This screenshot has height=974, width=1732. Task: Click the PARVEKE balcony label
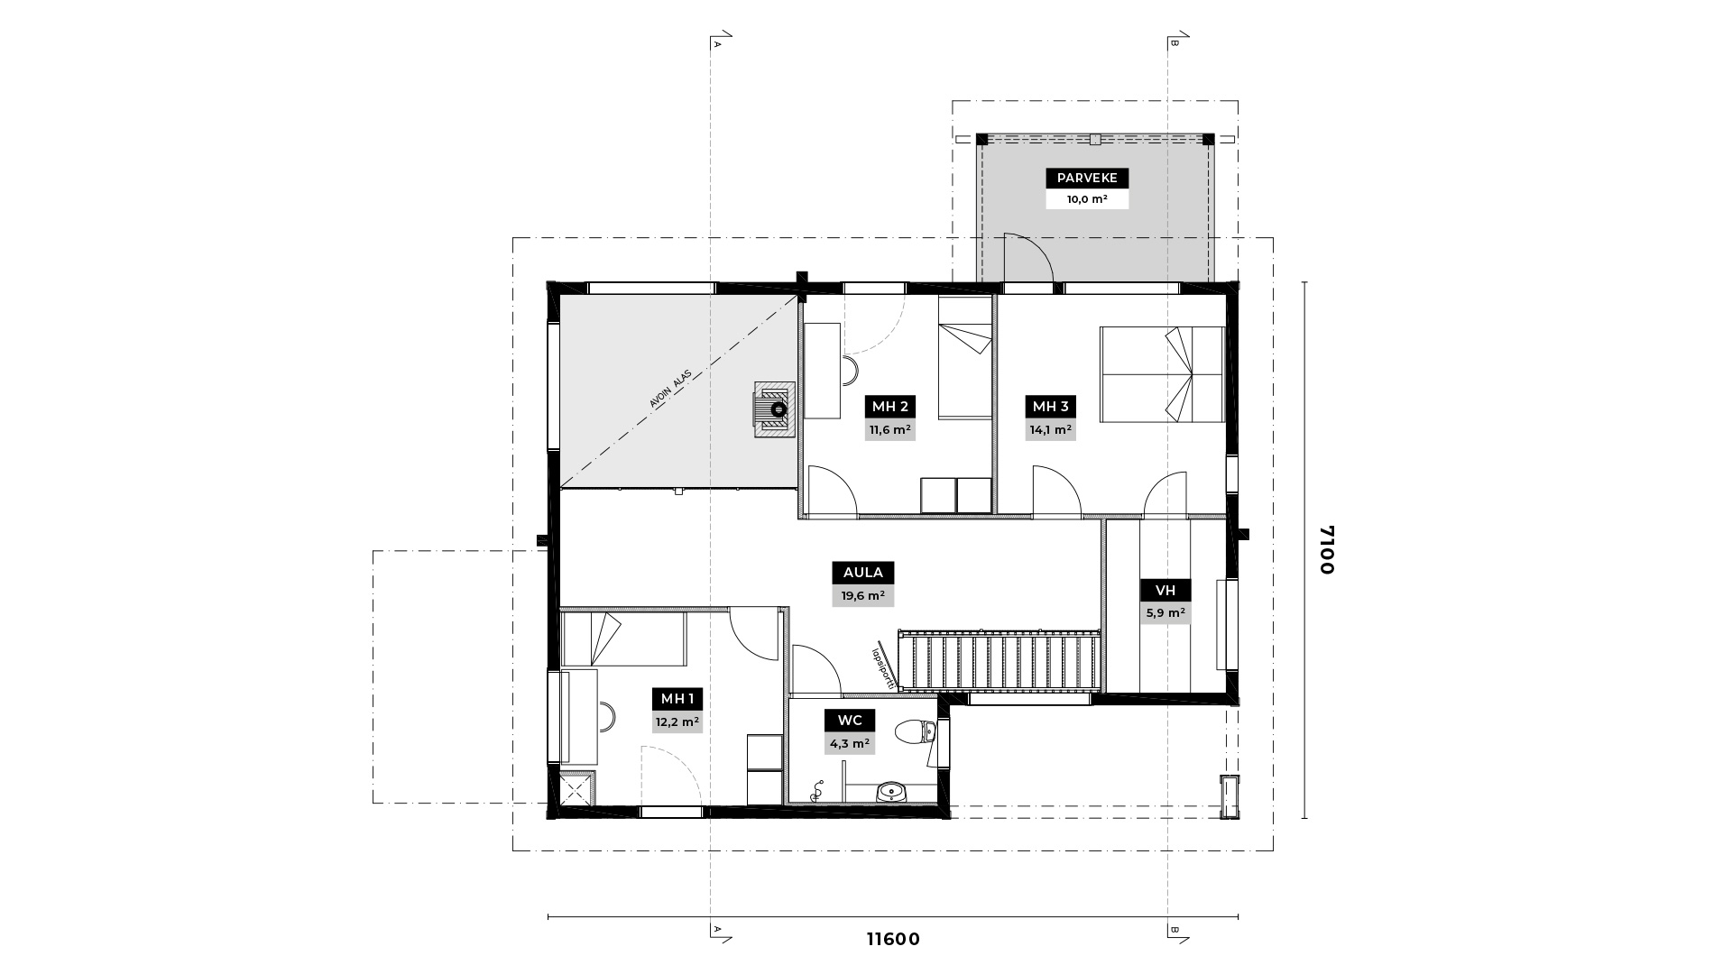(x=1087, y=179)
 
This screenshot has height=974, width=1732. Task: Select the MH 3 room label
(x=1051, y=407)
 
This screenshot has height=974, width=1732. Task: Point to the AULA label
(x=863, y=573)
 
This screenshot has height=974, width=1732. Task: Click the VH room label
(x=1165, y=591)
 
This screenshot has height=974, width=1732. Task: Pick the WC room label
(x=850, y=721)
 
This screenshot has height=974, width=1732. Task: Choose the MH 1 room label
(x=677, y=699)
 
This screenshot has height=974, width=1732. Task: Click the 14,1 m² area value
(x=1051, y=430)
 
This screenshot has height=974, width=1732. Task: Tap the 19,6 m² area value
(x=863, y=595)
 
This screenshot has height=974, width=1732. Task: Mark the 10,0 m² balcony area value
(x=1087, y=199)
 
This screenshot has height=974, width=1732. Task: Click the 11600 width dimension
(x=893, y=940)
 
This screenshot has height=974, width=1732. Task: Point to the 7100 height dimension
(x=1326, y=549)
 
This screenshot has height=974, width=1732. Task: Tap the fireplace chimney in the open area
(x=775, y=409)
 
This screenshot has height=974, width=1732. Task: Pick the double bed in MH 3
(x=1162, y=373)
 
